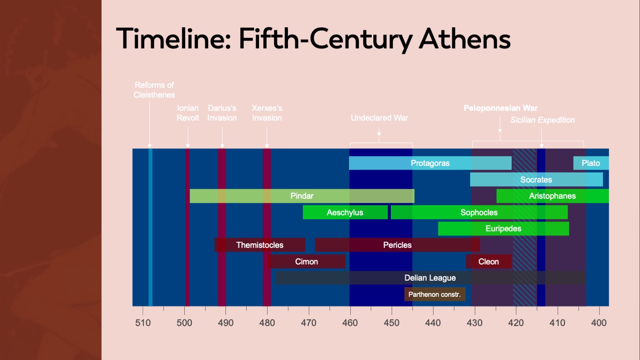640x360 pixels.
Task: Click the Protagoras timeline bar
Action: [x=430, y=163]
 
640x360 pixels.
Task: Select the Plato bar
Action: [x=591, y=163]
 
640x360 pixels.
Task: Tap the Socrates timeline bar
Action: [x=536, y=180]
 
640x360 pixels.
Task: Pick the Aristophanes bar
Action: [x=553, y=196]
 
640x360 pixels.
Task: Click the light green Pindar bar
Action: [x=302, y=196]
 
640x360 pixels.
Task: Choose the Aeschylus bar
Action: [x=345, y=212]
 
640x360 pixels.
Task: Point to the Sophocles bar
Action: [x=479, y=212]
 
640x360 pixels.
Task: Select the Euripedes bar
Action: [x=503, y=229]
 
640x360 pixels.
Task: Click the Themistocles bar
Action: [x=260, y=245]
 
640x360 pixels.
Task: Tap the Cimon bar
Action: [x=306, y=261]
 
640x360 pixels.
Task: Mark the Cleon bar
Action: [x=489, y=261]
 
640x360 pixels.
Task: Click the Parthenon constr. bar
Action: [x=434, y=294]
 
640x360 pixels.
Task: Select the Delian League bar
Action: [x=430, y=278]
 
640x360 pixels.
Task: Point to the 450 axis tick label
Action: [x=391, y=323]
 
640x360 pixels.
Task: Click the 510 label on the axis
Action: [x=143, y=323]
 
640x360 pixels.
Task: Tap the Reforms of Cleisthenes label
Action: [x=154, y=90]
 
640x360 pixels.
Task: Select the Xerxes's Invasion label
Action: [x=267, y=113]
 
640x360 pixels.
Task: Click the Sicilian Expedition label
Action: [x=542, y=120]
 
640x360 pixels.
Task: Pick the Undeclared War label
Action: [x=379, y=118]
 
